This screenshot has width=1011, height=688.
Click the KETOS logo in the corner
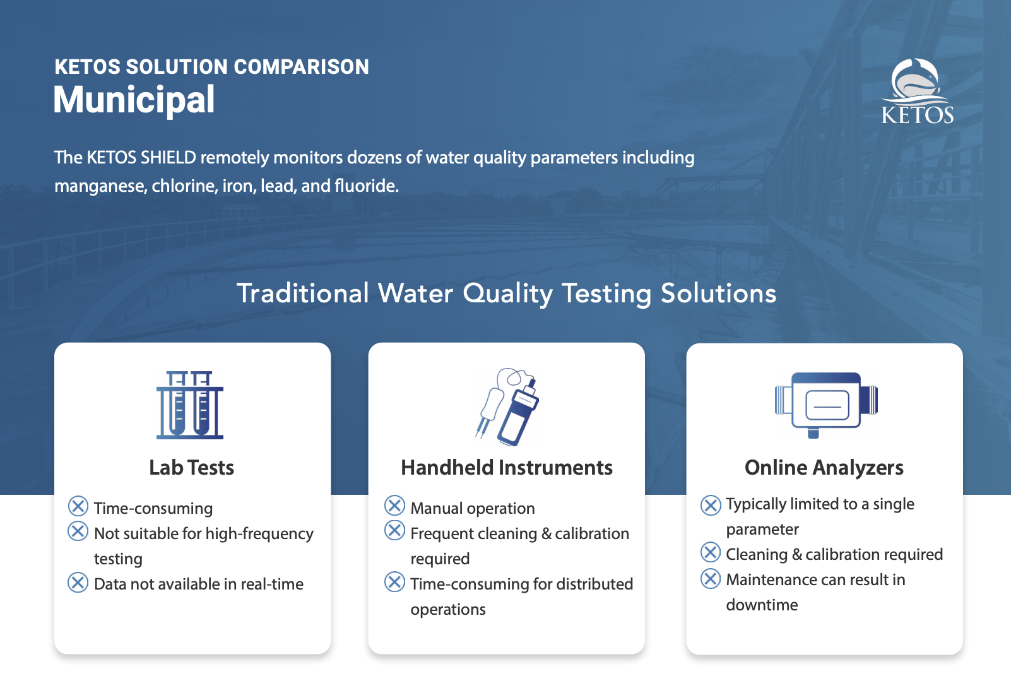[x=917, y=91]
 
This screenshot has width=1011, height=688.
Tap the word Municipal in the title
[x=134, y=100]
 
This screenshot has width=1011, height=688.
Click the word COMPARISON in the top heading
[x=302, y=67]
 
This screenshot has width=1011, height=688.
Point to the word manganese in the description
[x=100, y=186]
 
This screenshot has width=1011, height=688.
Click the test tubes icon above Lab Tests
[x=190, y=405]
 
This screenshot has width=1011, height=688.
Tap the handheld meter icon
[x=507, y=406]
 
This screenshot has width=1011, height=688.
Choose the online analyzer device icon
[x=826, y=405]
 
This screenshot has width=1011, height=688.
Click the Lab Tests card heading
[x=192, y=468]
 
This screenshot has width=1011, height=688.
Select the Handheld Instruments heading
[x=507, y=468]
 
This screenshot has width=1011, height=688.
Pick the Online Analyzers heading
[x=824, y=468]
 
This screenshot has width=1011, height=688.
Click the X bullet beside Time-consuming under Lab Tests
[x=78, y=506]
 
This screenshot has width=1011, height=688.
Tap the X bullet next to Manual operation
[x=395, y=506]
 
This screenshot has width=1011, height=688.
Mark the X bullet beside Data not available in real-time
[x=78, y=582]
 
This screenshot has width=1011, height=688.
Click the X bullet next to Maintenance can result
[x=711, y=578]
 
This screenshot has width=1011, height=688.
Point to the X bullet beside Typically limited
[x=711, y=505]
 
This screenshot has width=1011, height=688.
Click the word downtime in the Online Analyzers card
[x=762, y=605]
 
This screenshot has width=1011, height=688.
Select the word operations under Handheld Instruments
[x=448, y=610]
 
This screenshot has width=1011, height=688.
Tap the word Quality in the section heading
[x=508, y=294]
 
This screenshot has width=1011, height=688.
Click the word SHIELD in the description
[x=168, y=158]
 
